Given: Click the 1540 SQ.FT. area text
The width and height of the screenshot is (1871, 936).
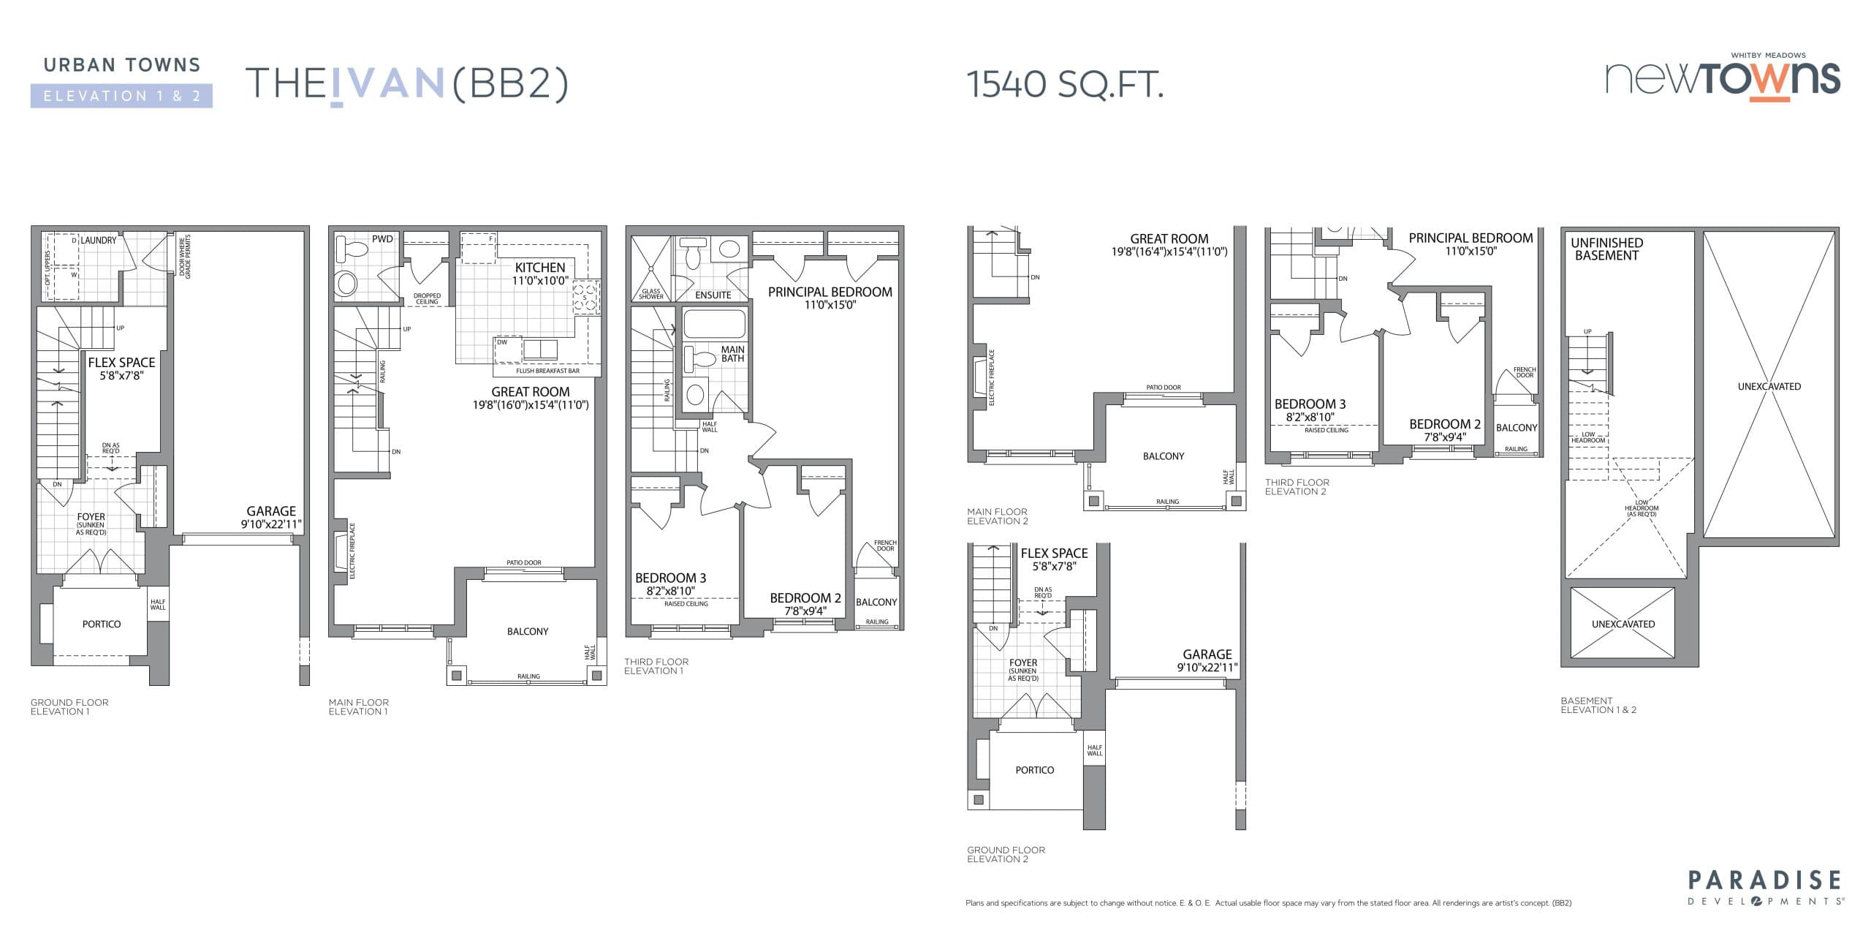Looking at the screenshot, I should point(1064,85).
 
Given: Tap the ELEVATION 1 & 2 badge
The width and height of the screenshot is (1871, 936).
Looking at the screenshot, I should point(121,96).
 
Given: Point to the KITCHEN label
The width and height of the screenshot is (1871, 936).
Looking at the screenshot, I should point(540,268).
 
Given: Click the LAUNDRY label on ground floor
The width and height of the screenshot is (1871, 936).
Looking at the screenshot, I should point(98,240).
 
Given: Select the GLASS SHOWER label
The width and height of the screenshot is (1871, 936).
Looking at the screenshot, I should point(650,294).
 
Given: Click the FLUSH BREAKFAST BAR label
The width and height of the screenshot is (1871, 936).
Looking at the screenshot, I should point(547,371).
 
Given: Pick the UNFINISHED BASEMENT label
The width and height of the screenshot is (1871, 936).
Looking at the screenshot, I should point(1606,249).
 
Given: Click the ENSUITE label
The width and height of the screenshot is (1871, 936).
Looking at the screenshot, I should point(713,295).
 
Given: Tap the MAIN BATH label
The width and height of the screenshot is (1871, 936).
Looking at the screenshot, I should point(732,354).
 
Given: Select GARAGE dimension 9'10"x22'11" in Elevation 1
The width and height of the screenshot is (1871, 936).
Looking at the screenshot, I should point(271,524).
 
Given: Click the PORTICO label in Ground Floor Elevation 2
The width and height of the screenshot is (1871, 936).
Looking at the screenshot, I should point(1034,770).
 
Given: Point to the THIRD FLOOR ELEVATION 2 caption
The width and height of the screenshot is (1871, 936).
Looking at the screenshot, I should point(1297,487).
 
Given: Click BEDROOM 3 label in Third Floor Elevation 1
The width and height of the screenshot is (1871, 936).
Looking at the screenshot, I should point(670,578).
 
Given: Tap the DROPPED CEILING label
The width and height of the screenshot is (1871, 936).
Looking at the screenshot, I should point(427,298).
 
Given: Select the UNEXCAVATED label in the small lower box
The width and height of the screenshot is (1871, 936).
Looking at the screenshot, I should point(1623,624).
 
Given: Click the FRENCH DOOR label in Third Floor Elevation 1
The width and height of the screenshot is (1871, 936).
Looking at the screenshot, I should point(884,546).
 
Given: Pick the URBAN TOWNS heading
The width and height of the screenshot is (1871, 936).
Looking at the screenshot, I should point(121,65).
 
